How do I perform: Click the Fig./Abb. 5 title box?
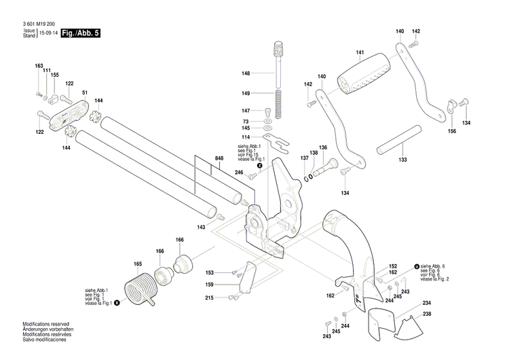[x=80, y=33]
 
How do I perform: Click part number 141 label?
[x=360, y=53]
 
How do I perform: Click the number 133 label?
[x=402, y=160]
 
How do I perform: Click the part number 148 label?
[x=246, y=73]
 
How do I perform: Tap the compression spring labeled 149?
[x=278, y=94]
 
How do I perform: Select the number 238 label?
[x=427, y=314]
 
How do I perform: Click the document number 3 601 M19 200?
[x=42, y=24]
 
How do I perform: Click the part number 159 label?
[x=210, y=284]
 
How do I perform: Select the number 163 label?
[x=39, y=66]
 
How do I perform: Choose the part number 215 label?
[x=210, y=298]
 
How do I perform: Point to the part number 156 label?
[x=451, y=131]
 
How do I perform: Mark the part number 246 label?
[x=239, y=173]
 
